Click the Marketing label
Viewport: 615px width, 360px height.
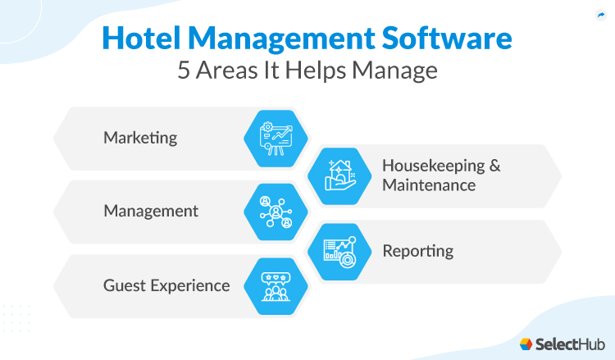140,138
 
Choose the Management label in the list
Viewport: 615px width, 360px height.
151,212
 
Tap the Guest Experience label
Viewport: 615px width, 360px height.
166,285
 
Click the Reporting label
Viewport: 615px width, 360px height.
418,250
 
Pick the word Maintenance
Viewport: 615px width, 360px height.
429,185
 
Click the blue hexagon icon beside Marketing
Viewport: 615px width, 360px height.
276,139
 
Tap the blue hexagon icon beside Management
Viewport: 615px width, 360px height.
276,212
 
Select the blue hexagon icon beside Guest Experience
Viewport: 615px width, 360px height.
276,286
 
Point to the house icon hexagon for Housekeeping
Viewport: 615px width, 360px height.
339,175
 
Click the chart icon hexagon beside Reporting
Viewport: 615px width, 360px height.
339,249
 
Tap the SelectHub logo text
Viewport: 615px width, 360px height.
567,342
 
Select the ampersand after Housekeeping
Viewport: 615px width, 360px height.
494,165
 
